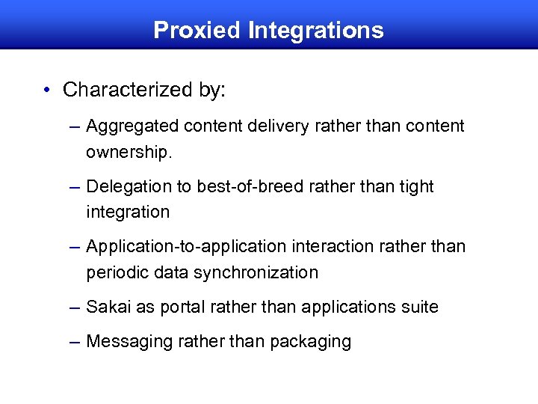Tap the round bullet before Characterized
(47, 91)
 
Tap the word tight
(415, 186)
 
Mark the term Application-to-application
(186, 246)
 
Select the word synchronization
(256, 272)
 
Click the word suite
(421, 307)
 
